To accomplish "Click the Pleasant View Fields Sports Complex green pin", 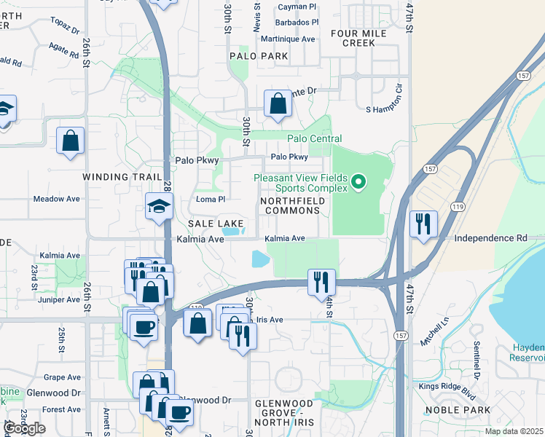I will pyautogui.click(x=358, y=181).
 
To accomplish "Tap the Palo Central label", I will pyautogui.click(x=314, y=138).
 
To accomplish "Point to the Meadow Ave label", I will pyautogui.click(x=57, y=199).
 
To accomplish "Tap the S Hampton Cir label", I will pyautogui.click(x=384, y=109).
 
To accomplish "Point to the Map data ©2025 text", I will pyautogui.click(x=513, y=431).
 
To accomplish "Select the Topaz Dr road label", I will pyautogui.click(x=66, y=30).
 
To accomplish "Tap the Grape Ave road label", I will pyautogui.click(x=62, y=377).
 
